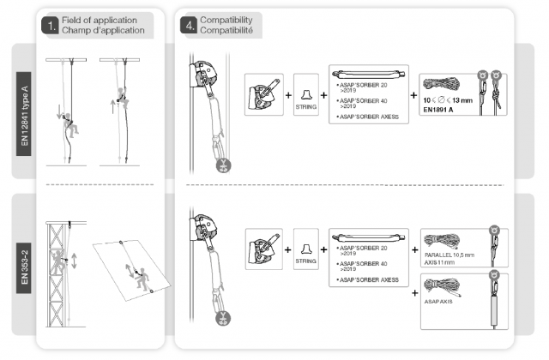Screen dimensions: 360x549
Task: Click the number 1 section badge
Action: click(51, 24)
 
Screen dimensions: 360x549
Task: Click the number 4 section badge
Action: click(188, 24)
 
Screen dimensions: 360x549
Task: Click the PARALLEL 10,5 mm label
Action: click(446, 255)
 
